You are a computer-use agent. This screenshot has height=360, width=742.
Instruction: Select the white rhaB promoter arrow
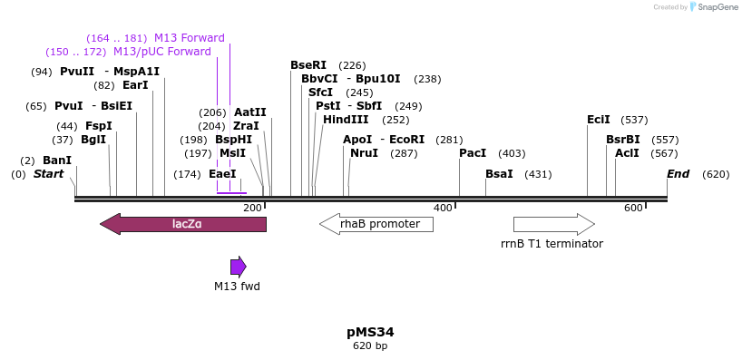[376, 224]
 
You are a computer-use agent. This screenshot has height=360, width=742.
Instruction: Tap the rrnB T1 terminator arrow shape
[553, 224]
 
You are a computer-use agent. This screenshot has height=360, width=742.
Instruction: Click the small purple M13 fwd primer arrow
[238, 267]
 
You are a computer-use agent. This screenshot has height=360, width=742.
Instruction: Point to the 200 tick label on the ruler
[252, 209]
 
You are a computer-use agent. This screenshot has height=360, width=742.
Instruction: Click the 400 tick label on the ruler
[443, 209]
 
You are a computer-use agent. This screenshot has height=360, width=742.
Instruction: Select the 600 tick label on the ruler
[633, 209]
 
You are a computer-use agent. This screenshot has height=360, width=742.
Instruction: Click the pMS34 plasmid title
[370, 332]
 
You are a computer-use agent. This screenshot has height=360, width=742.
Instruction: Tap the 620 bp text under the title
[370, 346]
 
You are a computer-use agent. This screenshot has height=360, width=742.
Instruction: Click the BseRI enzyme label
[308, 65]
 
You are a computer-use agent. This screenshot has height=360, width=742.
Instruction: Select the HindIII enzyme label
[346, 120]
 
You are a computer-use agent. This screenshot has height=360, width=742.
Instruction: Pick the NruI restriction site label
[364, 153]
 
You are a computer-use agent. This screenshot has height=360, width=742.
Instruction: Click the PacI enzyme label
[473, 153]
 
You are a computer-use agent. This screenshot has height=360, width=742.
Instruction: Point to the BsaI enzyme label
[499, 174]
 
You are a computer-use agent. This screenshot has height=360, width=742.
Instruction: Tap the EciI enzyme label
[599, 120]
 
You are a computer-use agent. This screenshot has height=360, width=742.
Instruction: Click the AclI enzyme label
[627, 153]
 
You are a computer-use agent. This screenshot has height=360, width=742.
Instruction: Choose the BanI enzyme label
[57, 161]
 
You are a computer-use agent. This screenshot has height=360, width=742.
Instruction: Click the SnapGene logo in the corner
[712, 7]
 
